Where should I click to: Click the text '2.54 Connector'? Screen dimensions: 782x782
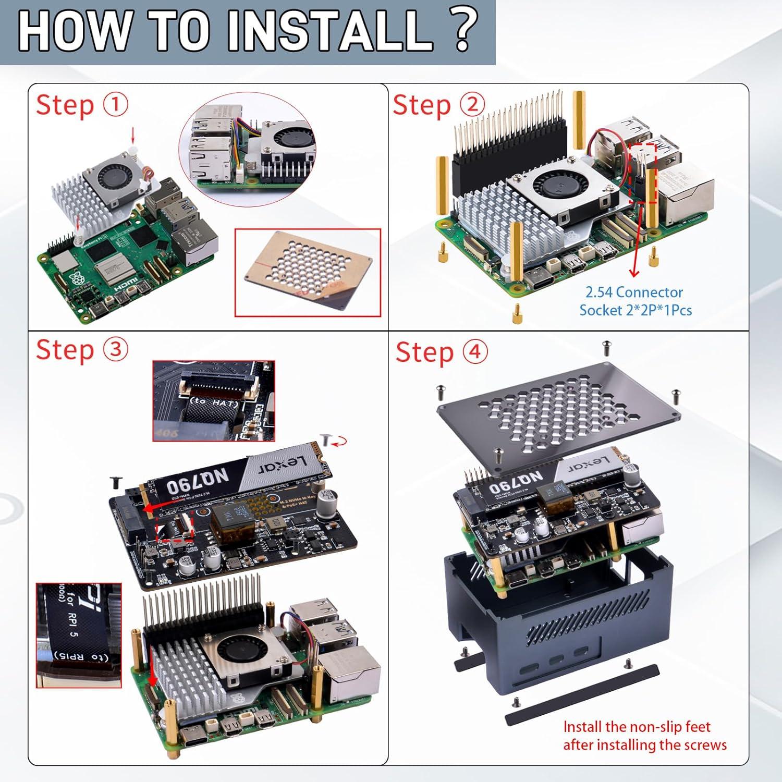pyautogui.click(x=634, y=292)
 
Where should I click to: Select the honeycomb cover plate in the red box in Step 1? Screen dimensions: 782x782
pyautogui.click(x=308, y=272)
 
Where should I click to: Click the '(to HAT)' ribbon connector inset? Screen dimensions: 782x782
pyautogui.click(x=214, y=400)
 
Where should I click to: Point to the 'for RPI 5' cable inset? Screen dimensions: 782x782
pyautogui.click(x=79, y=635)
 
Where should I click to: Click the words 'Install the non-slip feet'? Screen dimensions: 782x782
pyautogui.click(x=637, y=727)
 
